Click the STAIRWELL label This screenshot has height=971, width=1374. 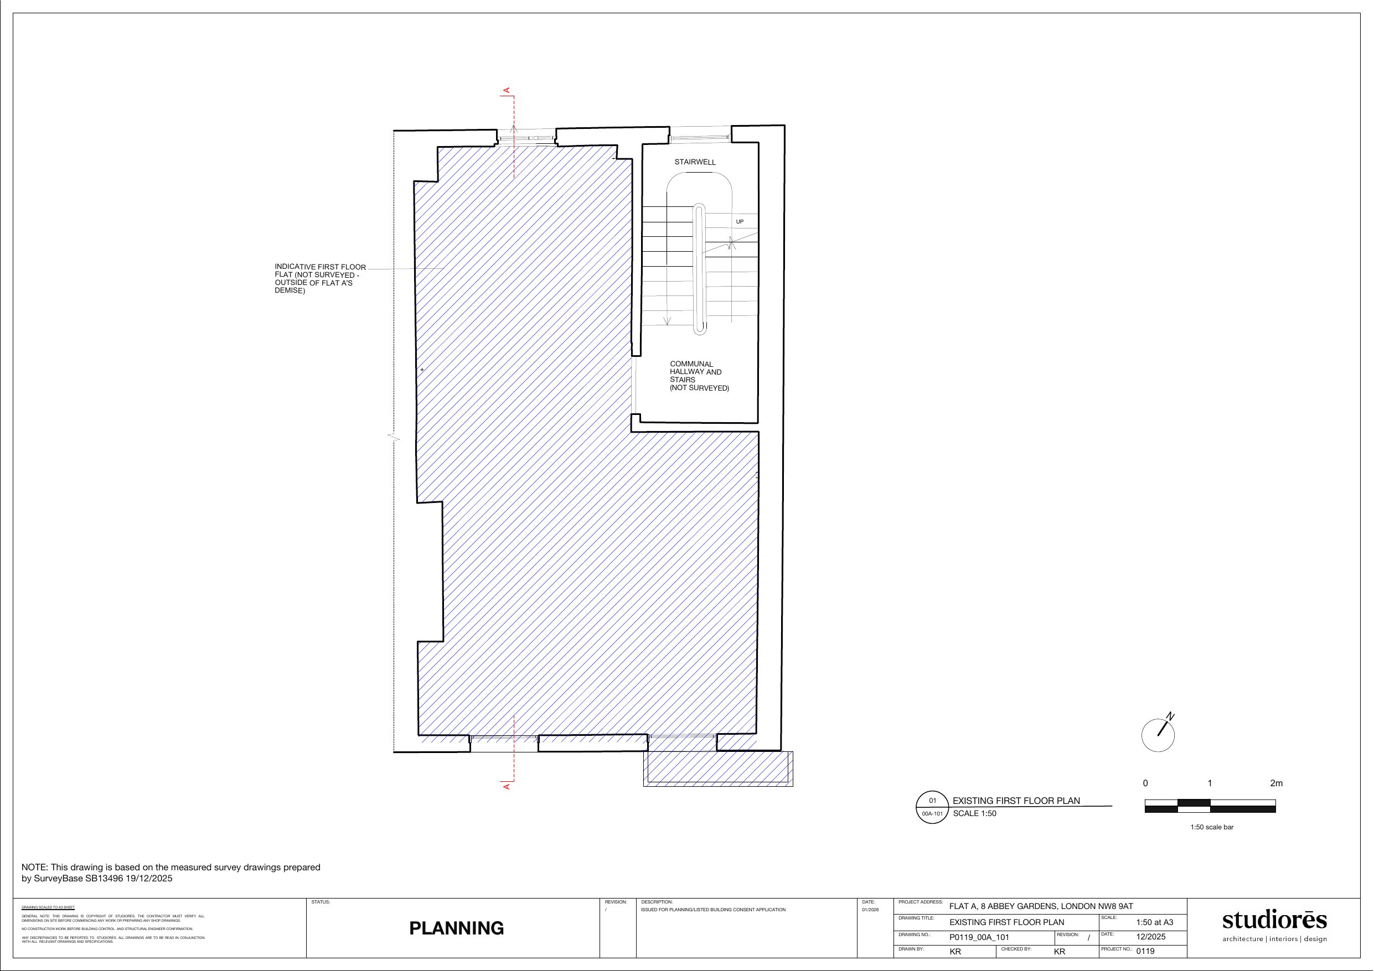click(x=695, y=162)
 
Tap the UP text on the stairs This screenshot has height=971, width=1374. click(x=740, y=222)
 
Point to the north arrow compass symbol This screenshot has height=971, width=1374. click(x=1158, y=735)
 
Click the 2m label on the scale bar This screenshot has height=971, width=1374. click(x=1276, y=783)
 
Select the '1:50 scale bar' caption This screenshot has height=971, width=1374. click(x=1212, y=827)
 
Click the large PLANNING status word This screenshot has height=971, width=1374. click(x=456, y=928)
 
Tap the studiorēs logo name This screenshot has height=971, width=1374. click(x=1274, y=919)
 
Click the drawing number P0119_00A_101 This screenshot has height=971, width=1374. click(x=979, y=937)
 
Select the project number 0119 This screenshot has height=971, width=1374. click(x=1145, y=951)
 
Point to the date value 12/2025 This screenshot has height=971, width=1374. click(x=1151, y=936)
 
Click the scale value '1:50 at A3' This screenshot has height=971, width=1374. click(x=1154, y=922)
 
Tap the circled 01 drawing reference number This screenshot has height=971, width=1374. click(x=932, y=801)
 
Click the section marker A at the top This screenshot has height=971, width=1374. click(x=507, y=90)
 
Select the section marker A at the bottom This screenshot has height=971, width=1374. click(x=507, y=786)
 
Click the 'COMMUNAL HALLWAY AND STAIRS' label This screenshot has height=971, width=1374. click(x=699, y=376)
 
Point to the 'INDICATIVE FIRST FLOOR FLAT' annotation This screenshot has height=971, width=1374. click(x=319, y=279)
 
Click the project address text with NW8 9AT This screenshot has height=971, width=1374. click(x=1041, y=906)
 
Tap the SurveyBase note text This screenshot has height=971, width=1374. click(x=171, y=873)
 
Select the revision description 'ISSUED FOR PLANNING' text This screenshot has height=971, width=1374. click(x=712, y=910)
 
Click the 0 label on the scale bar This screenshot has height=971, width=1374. click(x=1145, y=783)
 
